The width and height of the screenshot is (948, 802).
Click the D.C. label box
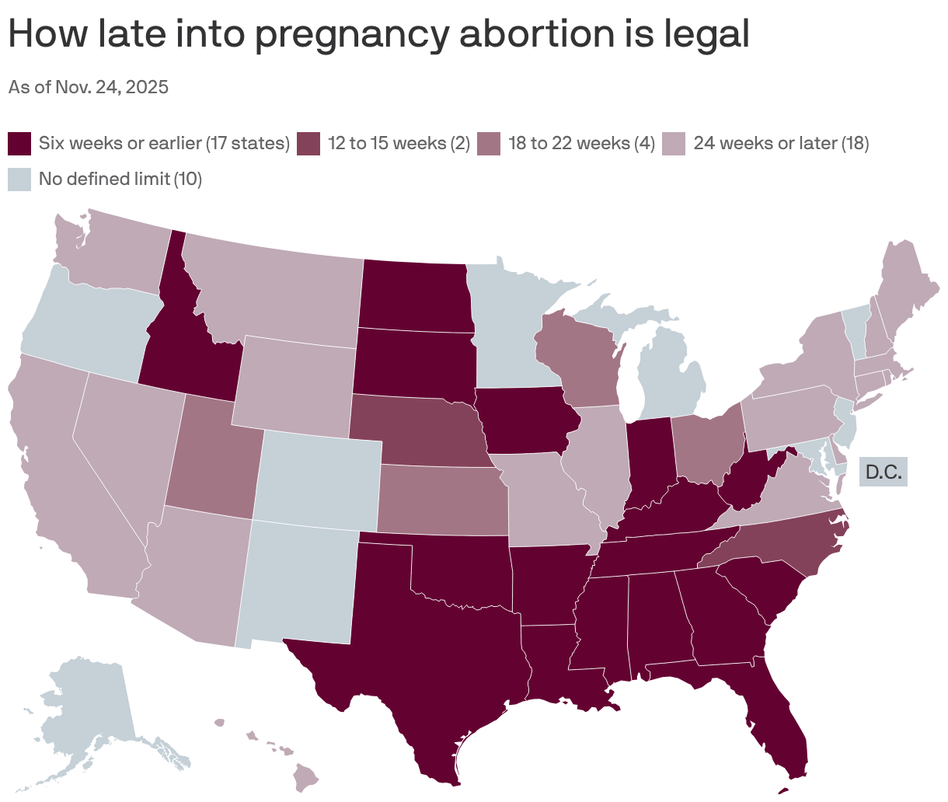tap(884, 472)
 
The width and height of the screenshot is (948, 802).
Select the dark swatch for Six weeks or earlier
tap(19, 144)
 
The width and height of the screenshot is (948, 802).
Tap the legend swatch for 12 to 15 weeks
tap(308, 144)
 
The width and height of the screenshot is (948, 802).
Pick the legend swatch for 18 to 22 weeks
tap(489, 144)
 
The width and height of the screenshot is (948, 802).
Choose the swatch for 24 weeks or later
tap(674, 144)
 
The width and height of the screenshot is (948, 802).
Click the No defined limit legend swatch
tap(19, 180)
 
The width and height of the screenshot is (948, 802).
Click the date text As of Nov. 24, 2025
tap(89, 87)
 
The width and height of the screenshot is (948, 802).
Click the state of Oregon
tap(85, 319)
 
